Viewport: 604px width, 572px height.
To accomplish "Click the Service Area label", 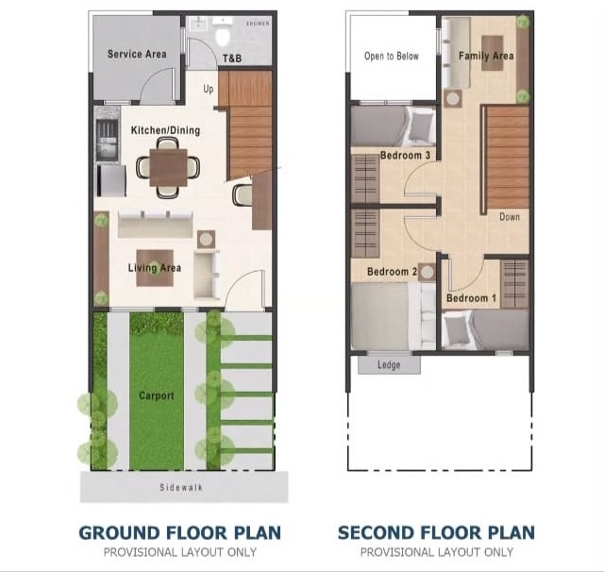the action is (137, 54).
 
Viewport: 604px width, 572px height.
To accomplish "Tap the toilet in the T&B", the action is (223, 35).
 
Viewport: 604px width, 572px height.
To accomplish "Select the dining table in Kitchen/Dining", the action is (168, 168).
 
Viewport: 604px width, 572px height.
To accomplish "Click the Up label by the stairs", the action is (209, 90).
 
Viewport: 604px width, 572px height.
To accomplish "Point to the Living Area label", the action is (155, 268).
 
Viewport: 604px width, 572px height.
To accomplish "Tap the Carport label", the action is (157, 395).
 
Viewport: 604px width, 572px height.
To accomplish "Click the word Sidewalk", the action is (181, 488).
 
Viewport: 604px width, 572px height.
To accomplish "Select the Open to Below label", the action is (392, 57).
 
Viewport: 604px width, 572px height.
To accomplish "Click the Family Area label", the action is (486, 57).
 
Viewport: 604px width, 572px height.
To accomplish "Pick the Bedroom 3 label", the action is (405, 156).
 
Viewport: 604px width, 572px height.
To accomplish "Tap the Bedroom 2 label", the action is (393, 272).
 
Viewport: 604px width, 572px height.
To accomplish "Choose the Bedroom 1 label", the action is (471, 298).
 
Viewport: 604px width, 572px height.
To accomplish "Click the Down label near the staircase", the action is (510, 217).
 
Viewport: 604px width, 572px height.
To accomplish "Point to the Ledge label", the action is (389, 364).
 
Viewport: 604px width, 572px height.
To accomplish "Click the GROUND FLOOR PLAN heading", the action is (180, 533).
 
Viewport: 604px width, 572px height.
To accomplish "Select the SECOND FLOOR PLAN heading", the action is (436, 533).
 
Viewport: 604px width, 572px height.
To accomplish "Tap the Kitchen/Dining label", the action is (166, 130).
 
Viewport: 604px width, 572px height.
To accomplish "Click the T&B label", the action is (232, 59).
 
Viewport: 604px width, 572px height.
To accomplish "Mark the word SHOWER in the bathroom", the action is (258, 24).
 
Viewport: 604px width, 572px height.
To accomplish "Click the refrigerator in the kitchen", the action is (111, 180).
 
